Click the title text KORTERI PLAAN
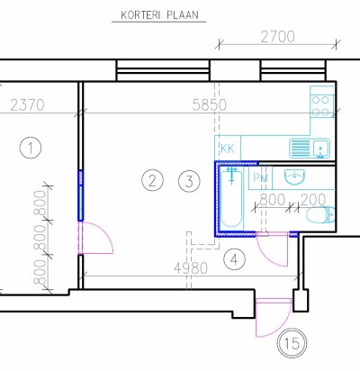(x=159, y=15)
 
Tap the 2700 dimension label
(x=277, y=37)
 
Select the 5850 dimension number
(x=209, y=105)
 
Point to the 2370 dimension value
(x=27, y=105)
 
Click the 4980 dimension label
(x=191, y=268)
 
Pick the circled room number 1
(x=31, y=148)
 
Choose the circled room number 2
(x=152, y=181)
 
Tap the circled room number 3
(x=189, y=181)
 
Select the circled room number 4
(x=235, y=259)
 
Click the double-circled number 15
(x=292, y=343)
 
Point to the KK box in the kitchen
(x=228, y=148)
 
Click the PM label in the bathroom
(x=261, y=178)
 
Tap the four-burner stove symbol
(x=321, y=105)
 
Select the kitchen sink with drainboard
(x=310, y=148)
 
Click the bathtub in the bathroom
(x=231, y=197)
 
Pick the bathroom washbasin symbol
(x=294, y=176)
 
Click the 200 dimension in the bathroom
(x=313, y=199)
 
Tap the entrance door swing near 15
(x=274, y=318)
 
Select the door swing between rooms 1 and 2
(x=95, y=238)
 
